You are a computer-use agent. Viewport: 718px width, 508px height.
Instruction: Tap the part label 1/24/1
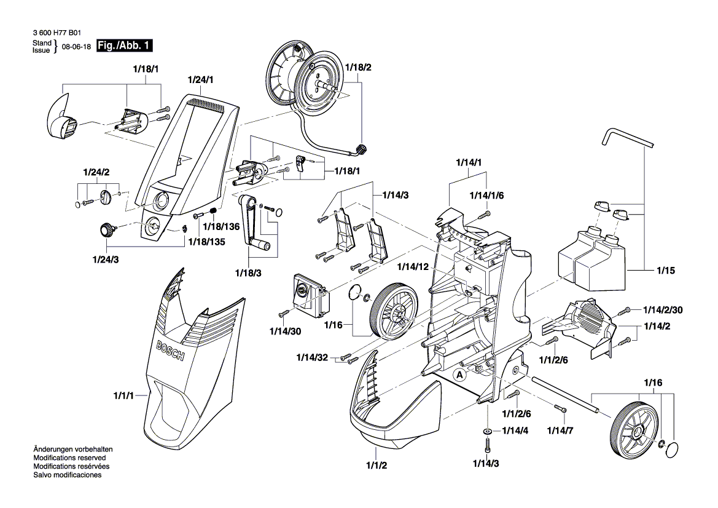200,79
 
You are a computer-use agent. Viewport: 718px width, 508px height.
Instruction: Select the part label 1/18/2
358,67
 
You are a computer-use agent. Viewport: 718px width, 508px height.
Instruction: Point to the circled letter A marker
459,375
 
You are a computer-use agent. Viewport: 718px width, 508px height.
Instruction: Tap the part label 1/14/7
560,430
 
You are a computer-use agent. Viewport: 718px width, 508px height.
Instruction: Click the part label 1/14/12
413,267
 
